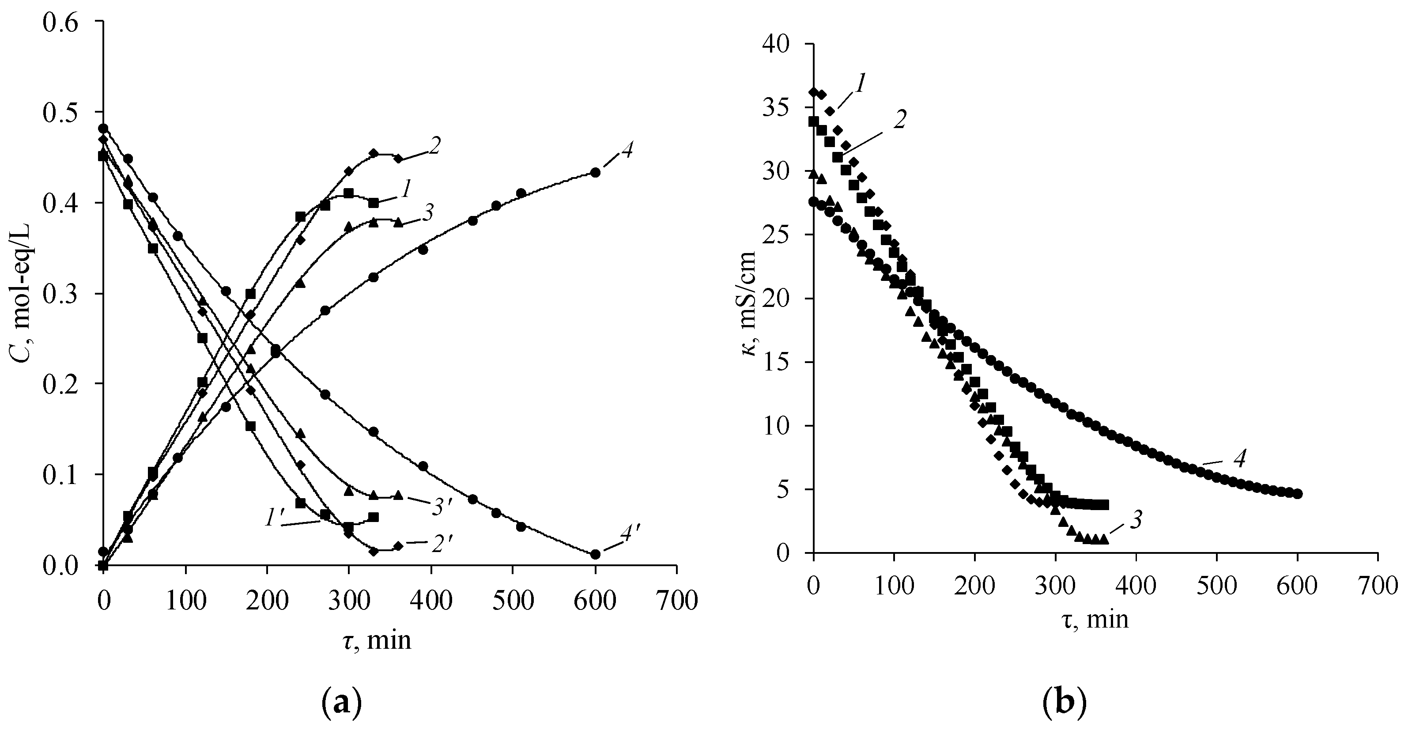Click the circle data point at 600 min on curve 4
click(x=595, y=172)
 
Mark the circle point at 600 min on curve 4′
click(x=595, y=554)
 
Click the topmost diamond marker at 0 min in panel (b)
click(x=813, y=91)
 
